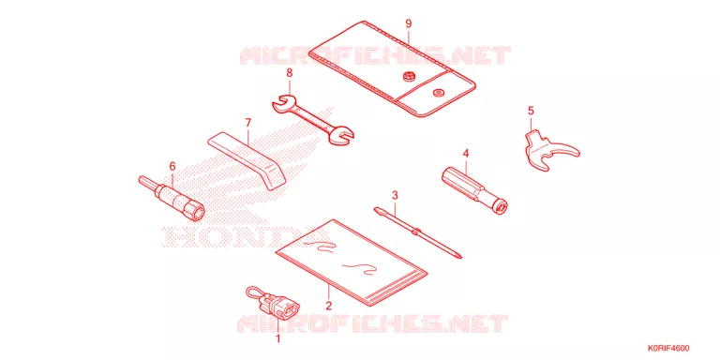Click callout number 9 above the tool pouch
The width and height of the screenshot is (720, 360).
click(x=409, y=23)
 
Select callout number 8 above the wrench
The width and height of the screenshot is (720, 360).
click(x=290, y=72)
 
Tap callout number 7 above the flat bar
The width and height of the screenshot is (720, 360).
click(x=247, y=123)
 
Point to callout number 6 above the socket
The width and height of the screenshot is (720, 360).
click(x=172, y=165)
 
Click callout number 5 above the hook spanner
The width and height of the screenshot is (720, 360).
click(x=531, y=111)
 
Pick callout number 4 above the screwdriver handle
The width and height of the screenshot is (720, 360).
click(x=466, y=153)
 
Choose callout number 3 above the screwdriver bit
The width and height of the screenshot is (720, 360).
click(x=395, y=195)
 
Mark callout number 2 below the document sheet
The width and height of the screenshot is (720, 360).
click(x=329, y=306)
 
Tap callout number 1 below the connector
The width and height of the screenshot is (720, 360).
click(x=277, y=339)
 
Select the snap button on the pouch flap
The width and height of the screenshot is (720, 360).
click(x=407, y=76)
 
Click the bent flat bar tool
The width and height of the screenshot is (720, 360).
click(x=247, y=159)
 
